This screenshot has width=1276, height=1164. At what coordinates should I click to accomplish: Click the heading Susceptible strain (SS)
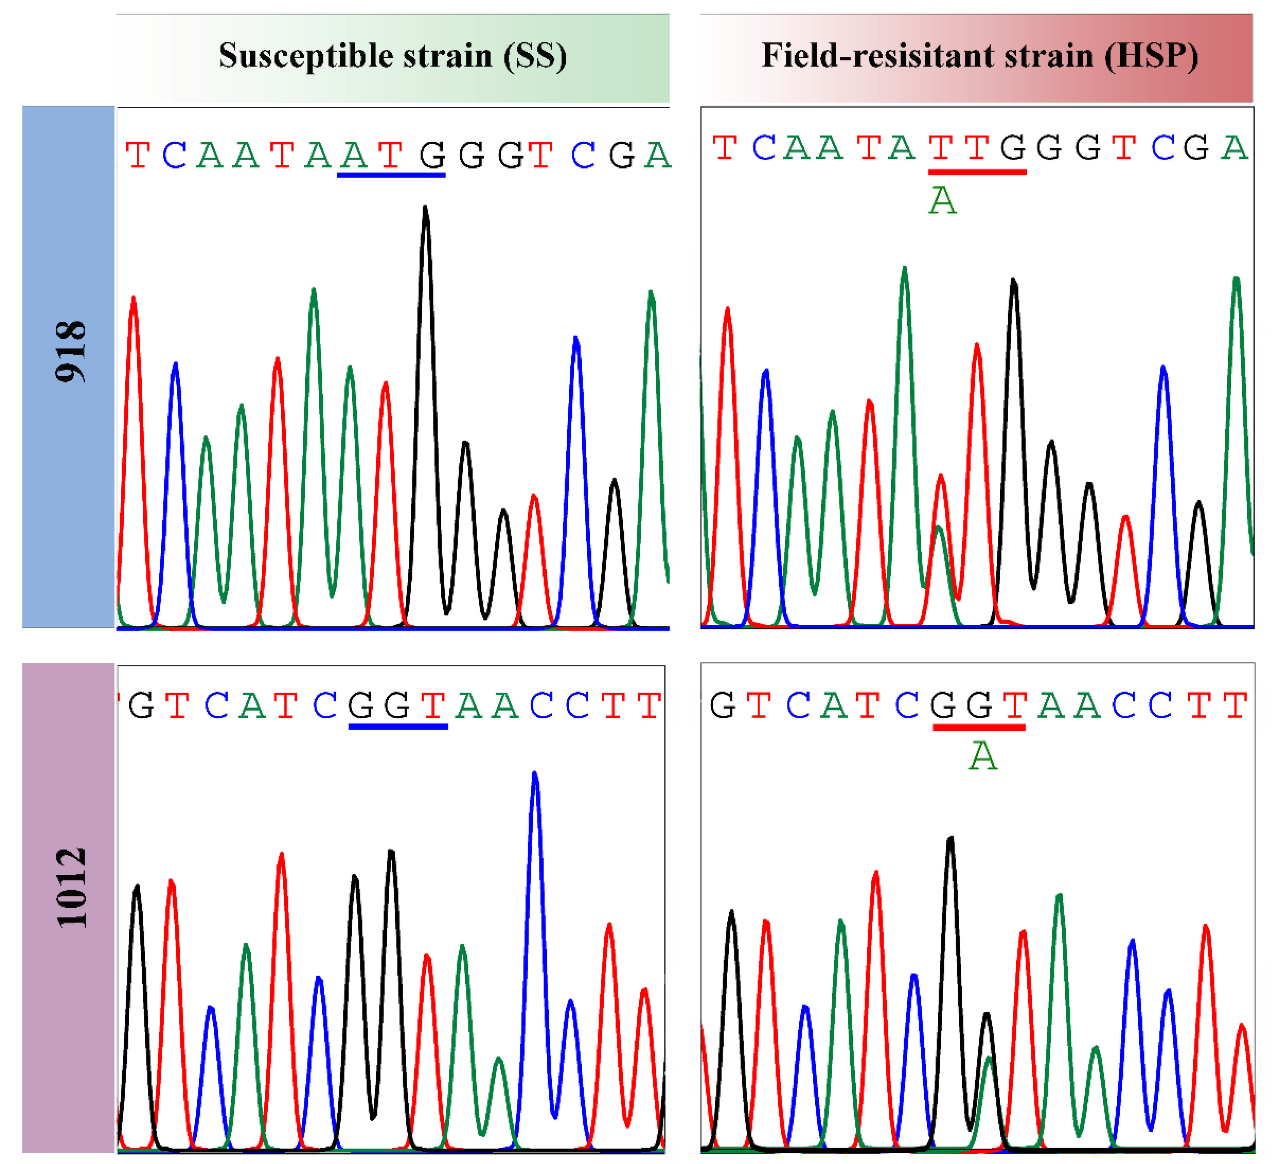(x=393, y=56)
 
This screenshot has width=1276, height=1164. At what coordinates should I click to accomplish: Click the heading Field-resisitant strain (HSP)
(x=979, y=56)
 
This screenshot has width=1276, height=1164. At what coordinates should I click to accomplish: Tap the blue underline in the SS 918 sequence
(x=391, y=175)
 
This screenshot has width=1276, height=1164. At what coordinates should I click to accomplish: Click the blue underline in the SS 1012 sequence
(x=398, y=727)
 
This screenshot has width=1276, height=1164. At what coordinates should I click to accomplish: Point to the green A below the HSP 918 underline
(x=942, y=201)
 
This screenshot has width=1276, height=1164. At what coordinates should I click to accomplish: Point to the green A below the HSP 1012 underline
(x=982, y=756)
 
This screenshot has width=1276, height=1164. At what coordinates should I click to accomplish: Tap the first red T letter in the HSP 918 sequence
(x=725, y=148)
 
